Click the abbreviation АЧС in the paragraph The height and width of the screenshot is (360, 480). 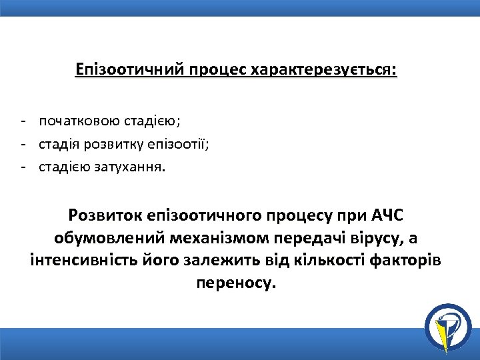point(388,217)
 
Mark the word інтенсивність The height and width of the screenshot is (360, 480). point(81,261)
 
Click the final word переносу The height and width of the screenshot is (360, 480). point(235,283)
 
